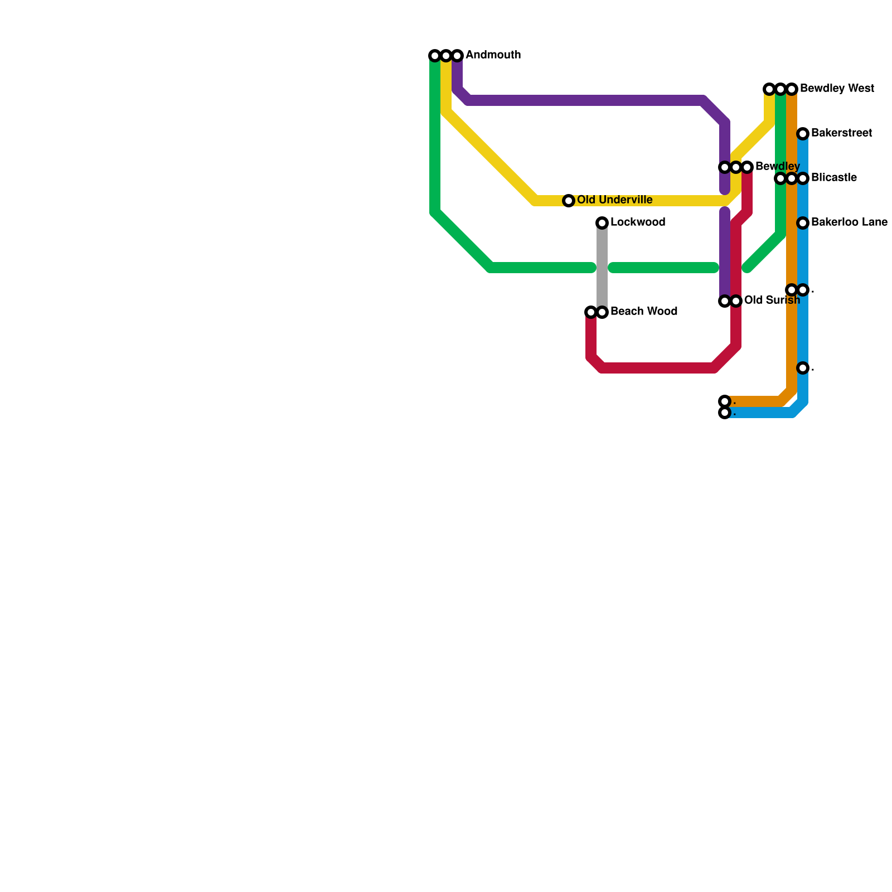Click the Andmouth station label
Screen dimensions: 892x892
click(493, 55)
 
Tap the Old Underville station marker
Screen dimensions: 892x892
click(569, 201)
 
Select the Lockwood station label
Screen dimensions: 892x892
click(638, 222)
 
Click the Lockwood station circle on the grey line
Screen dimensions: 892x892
click(602, 223)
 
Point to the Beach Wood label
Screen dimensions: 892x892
click(644, 312)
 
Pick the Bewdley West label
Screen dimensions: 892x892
click(837, 89)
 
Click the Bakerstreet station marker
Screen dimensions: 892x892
click(803, 134)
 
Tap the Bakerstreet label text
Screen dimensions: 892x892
click(842, 133)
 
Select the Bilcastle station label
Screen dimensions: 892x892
click(834, 178)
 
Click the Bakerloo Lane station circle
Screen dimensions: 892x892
click(803, 223)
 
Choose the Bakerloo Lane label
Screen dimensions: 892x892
click(849, 222)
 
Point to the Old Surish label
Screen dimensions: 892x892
click(772, 300)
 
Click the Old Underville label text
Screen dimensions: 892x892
click(614, 200)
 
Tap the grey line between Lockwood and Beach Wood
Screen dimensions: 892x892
click(602, 268)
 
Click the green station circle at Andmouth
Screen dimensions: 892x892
click(435, 56)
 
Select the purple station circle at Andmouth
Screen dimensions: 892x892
click(457, 56)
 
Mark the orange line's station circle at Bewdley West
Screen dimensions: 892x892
click(792, 89)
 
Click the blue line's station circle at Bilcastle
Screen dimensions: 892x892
click(803, 178)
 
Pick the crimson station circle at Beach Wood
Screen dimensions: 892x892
click(591, 312)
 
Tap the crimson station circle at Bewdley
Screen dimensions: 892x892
click(747, 167)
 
